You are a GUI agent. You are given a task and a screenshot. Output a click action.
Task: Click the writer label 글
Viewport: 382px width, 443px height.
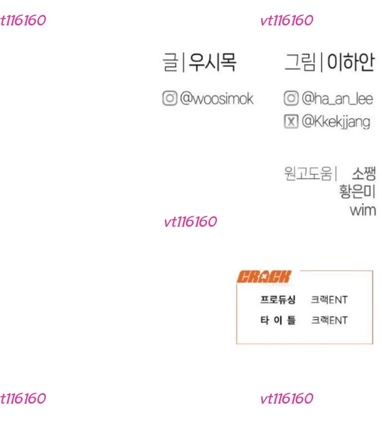[171, 62]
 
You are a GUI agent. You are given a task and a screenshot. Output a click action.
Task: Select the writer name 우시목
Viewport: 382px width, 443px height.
[212, 62]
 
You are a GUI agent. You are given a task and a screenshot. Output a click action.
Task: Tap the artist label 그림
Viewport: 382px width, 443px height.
[300, 62]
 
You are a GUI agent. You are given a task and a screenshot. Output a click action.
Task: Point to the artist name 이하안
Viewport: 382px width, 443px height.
[351, 62]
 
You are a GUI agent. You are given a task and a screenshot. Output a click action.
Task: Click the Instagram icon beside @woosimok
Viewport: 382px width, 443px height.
[170, 98]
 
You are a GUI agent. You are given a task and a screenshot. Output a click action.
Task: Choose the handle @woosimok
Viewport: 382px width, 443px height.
[216, 99]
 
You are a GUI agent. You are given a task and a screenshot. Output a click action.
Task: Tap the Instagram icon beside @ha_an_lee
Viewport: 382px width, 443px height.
[291, 98]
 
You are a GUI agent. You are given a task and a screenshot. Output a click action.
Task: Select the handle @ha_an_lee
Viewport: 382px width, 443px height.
[337, 99]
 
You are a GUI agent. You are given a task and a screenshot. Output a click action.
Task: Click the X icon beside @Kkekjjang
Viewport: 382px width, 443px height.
[291, 122]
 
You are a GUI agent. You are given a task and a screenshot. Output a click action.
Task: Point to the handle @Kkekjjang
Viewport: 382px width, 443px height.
[336, 122]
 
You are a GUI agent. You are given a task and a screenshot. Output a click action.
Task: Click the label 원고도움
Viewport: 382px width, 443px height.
[308, 173]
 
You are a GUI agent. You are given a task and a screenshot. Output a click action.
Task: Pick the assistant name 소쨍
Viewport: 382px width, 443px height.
[364, 173]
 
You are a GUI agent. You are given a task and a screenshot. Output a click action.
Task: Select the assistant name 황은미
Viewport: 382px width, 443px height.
[357, 191]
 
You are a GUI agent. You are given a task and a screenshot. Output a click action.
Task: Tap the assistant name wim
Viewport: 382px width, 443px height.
[363, 210]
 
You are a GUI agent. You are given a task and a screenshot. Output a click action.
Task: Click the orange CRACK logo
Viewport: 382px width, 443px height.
[264, 277]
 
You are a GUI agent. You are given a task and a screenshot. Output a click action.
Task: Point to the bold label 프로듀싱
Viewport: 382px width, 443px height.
[278, 299]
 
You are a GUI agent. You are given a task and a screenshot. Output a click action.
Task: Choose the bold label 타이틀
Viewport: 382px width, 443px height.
[278, 320]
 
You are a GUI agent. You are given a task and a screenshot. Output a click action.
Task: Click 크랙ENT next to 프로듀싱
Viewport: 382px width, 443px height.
[329, 300]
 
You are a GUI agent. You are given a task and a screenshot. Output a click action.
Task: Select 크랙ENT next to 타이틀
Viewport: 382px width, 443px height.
[329, 320]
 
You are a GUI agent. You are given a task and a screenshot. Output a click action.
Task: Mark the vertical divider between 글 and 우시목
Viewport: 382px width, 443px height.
[184, 62]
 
